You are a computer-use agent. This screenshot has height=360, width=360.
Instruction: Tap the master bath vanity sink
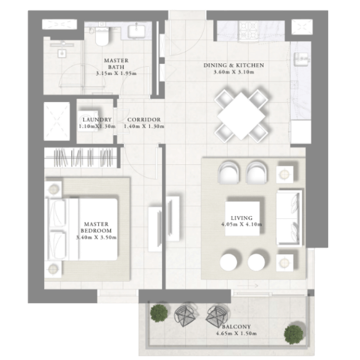[136, 31]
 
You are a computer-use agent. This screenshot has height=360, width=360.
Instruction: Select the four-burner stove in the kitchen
[249, 32]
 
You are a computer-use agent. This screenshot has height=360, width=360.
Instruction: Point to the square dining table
[241, 116]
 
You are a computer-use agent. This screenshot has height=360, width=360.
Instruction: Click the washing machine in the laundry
[88, 121]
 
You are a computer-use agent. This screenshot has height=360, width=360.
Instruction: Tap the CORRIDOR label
[144, 120]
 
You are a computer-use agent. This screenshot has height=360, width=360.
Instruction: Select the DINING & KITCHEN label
[234, 66]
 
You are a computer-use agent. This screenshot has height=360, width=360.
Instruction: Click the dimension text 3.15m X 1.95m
[116, 74]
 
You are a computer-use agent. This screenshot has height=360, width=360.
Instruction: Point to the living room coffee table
[242, 218]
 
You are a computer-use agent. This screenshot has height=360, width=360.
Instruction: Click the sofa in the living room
[289, 218]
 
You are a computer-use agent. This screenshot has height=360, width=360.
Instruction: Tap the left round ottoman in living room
[228, 262]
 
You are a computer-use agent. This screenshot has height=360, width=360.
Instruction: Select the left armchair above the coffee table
[229, 173]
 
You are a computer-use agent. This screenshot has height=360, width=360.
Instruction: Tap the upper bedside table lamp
[53, 189]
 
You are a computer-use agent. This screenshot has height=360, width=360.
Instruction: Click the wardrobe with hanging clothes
[81, 157]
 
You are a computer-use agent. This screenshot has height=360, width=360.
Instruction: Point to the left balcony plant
[159, 312]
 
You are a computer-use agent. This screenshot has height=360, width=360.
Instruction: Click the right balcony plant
[293, 334]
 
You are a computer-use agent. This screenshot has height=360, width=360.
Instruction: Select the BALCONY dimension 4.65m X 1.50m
[236, 333]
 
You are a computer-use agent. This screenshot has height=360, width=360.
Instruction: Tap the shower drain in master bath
[62, 53]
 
